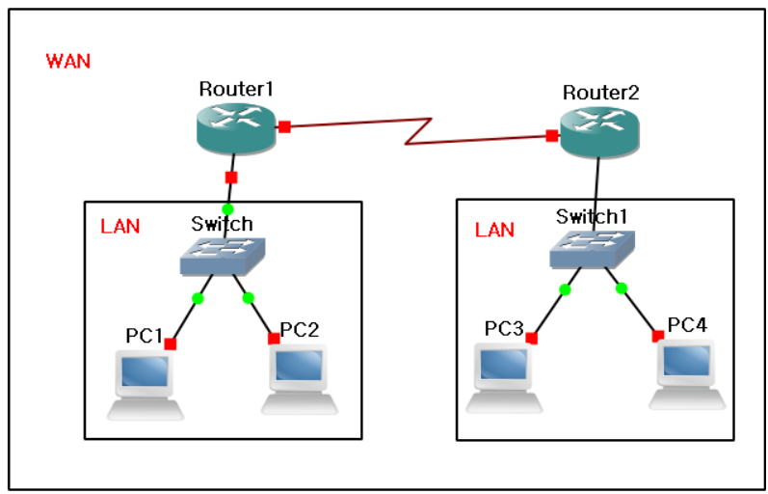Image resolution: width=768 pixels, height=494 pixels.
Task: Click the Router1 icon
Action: tap(237, 128)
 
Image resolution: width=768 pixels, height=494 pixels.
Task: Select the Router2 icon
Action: tap(598, 133)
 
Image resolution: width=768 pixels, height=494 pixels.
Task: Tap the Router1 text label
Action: tap(237, 89)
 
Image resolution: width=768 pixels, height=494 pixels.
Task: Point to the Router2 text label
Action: tap(600, 94)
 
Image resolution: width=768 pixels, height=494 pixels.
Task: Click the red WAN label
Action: tap(67, 62)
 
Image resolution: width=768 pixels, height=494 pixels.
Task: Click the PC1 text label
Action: tap(144, 336)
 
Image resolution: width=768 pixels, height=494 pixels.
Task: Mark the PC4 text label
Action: tap(687, 324)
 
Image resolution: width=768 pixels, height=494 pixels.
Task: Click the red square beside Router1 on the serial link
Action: tap(284, 125)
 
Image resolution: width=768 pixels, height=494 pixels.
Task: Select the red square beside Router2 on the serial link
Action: tap(551, 136)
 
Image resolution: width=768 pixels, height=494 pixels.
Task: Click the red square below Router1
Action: tap(230, 177)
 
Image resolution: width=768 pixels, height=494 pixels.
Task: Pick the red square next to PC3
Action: tap(531, 337)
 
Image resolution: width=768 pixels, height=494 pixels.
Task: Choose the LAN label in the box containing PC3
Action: tap(494, 231)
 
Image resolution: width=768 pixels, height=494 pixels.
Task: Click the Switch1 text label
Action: tap(590, 215)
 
